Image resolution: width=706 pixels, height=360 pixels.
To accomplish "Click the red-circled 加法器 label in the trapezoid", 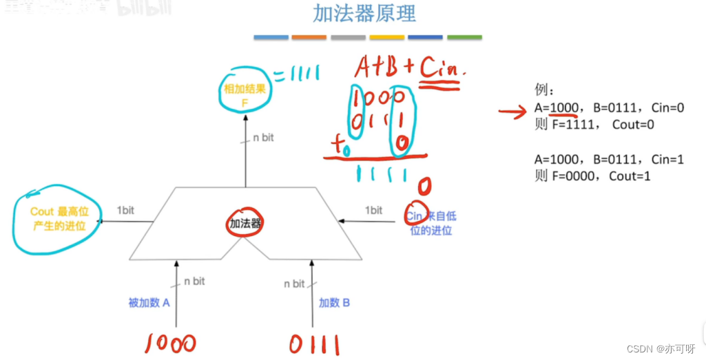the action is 246,223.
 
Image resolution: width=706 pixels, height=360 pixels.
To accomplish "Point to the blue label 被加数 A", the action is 149,302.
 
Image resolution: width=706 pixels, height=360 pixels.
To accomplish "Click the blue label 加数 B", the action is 334,302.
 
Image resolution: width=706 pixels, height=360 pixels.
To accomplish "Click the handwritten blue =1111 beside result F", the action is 297,74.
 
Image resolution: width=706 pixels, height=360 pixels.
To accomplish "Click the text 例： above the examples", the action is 544,90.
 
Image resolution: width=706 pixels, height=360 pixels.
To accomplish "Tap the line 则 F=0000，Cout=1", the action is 592,176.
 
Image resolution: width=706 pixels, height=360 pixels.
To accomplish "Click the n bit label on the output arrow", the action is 262,138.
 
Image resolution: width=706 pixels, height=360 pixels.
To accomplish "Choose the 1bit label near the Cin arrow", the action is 373,210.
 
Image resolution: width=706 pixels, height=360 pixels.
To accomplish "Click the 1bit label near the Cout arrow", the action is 125,210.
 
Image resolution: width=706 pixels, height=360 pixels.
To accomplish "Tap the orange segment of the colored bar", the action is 309,37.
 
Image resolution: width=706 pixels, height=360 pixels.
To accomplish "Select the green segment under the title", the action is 464,37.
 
